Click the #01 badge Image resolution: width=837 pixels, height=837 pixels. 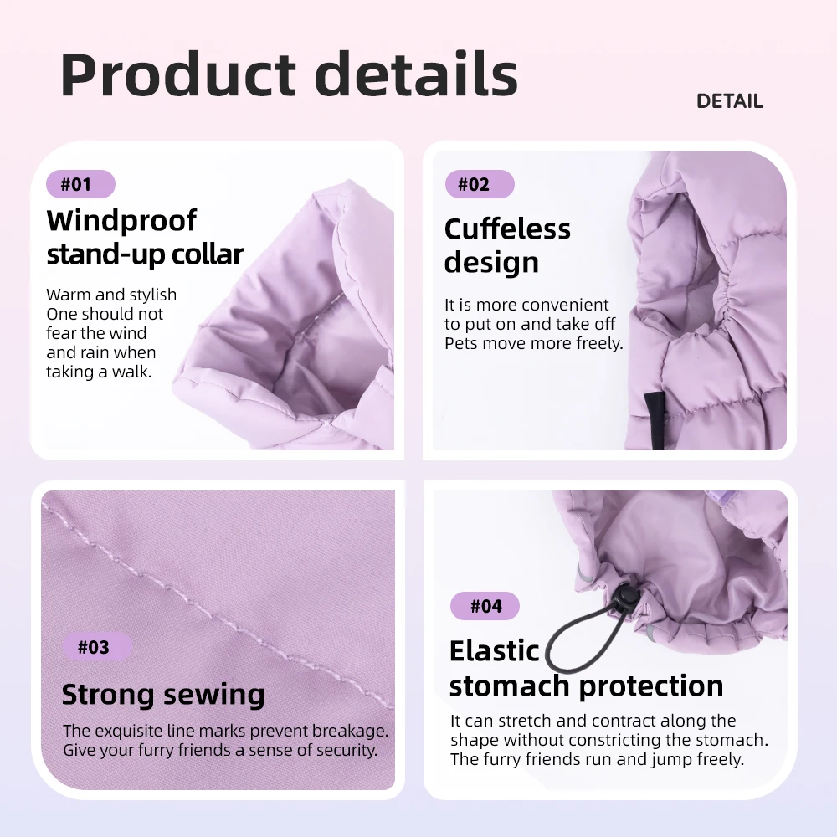pyautogui.click(x=80, y=184)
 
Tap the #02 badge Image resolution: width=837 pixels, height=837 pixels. pyautogui.click(x=480, y=184)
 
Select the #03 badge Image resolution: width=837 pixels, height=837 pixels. pyautogui.click(x=97, y=647)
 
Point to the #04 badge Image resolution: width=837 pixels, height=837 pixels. pyautogui.click(x=485, y=606)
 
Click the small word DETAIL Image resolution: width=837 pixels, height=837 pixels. pyautogui.click(x=730, y=101)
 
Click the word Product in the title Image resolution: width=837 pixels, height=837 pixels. pyautogui.click(x=178, y=74)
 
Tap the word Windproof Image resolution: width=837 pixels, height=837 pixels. pyautogui.click(x=121, y=221)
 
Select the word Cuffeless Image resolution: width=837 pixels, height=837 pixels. pyautogui.click(x=507, y=229)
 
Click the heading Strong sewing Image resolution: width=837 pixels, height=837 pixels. pyautogui.click(x=163, y=695)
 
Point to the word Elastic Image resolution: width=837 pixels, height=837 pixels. pyautogui.click(x=495, y=651)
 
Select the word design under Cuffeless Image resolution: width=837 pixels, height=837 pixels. pyautogui.click(x=491, y=263)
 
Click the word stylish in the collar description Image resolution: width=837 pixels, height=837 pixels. pyautogui.click(x=149, y=295)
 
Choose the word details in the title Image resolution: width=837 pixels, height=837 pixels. pyautogui.click(x=416, y=74)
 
